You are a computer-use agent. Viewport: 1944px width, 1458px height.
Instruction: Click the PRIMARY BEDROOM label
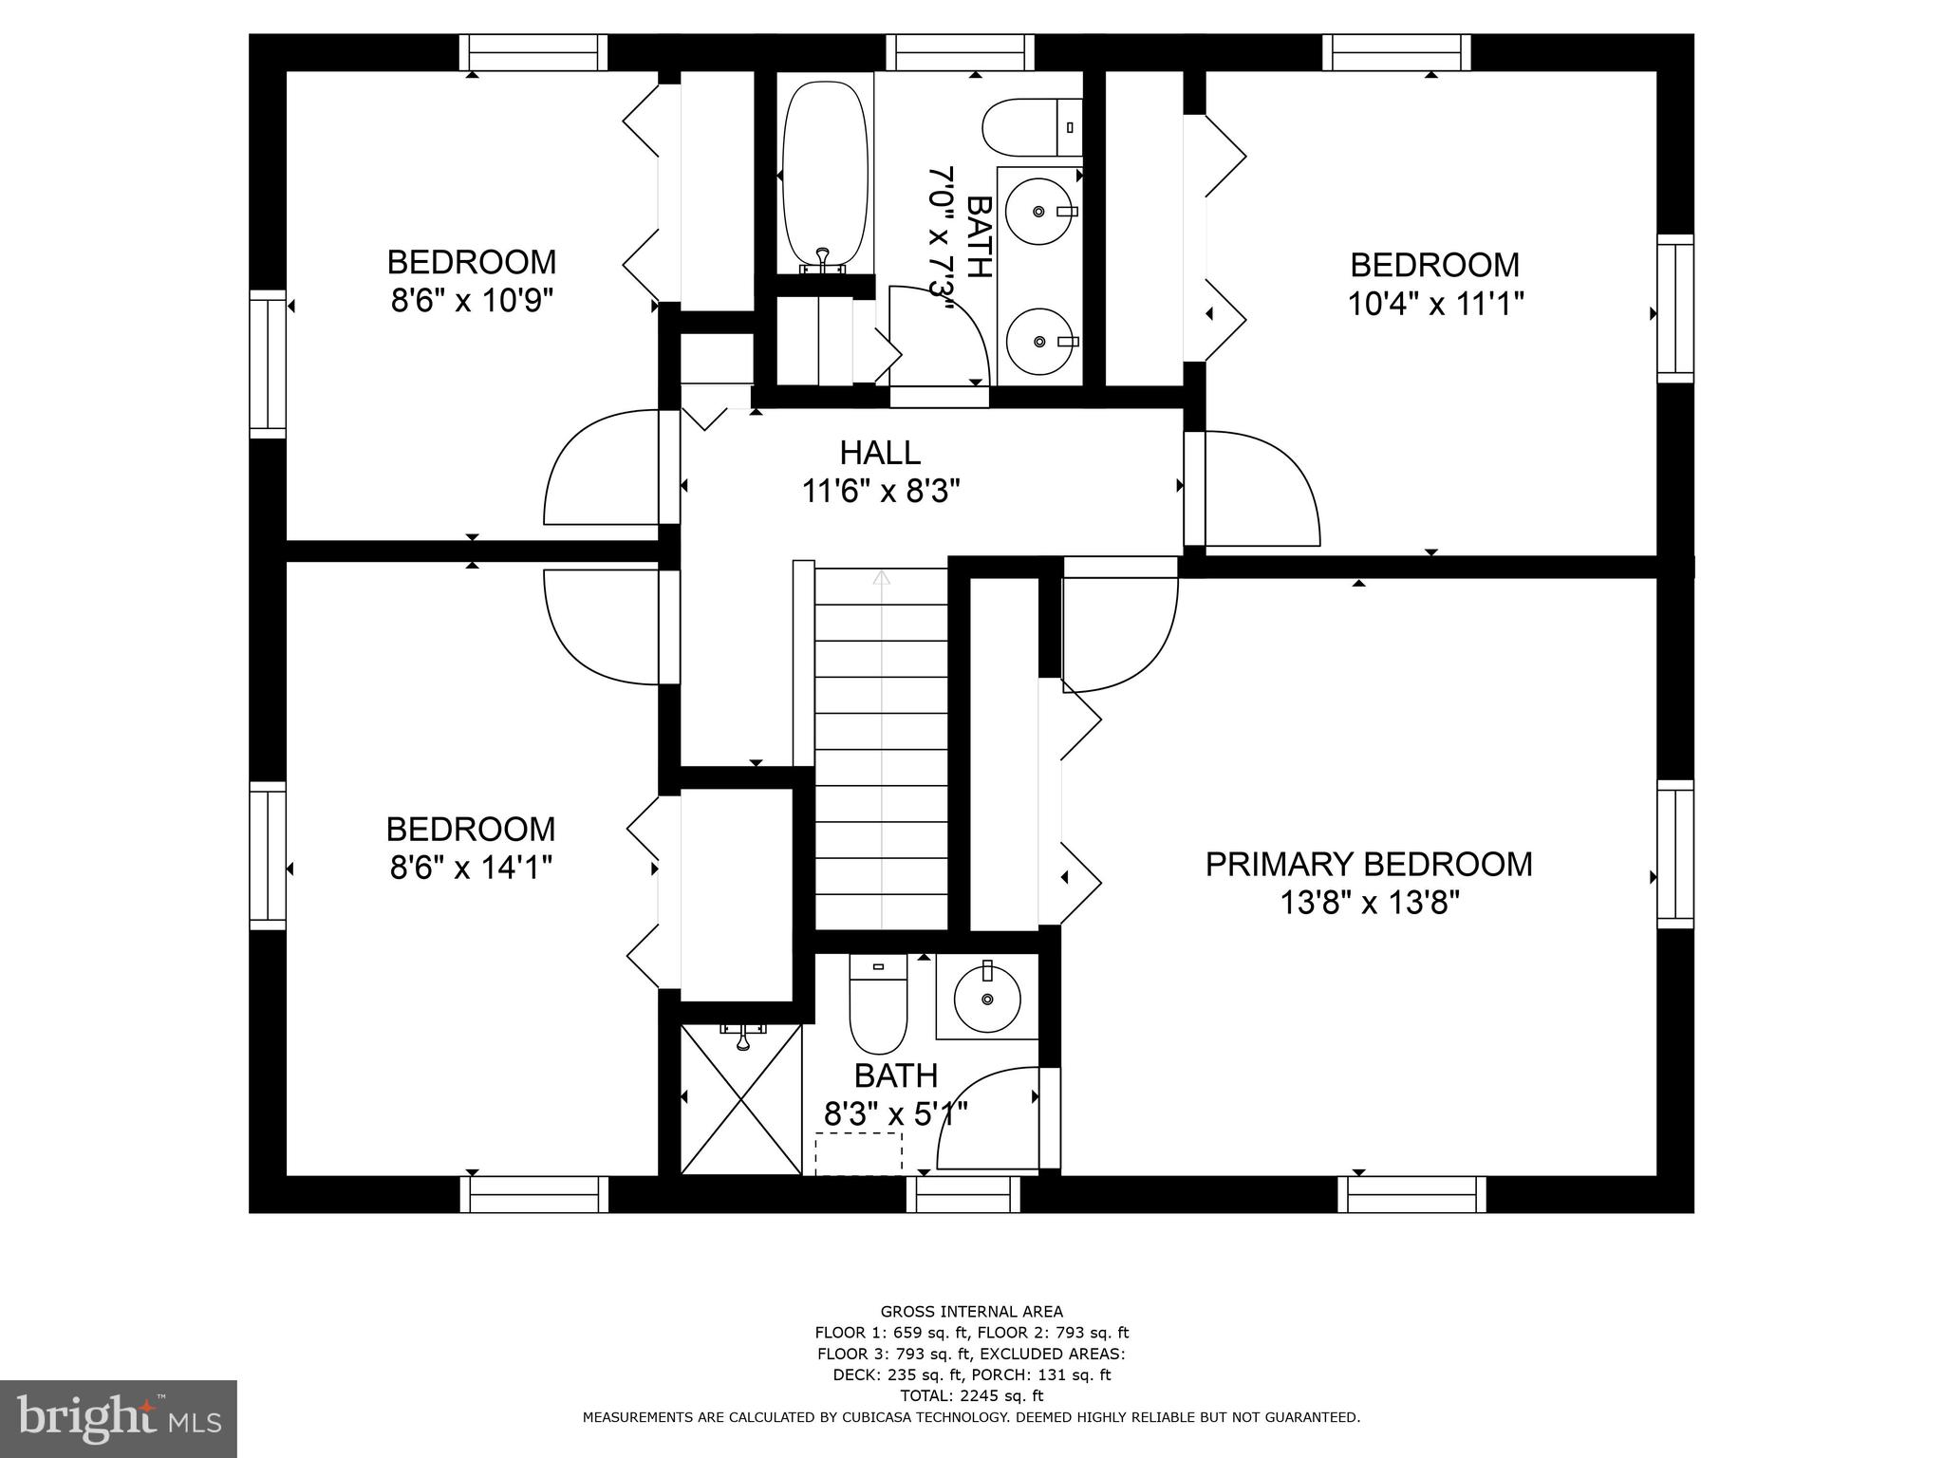pos(1368,864)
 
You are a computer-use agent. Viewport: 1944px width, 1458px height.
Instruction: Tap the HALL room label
pos(880,453)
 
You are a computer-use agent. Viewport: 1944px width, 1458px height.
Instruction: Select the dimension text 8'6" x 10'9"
pos(472,301)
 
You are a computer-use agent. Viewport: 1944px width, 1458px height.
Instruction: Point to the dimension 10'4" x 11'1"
pos(1435,304)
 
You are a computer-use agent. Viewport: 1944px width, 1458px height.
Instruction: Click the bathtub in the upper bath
pos(824,177)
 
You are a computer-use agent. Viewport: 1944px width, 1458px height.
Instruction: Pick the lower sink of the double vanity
pos(1039,340)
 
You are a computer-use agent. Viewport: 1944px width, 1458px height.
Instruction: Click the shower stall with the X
pos(741,1098)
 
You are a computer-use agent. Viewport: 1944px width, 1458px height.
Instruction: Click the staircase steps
pos(881,750)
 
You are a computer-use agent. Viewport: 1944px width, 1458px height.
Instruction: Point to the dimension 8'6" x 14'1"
pos(471,867)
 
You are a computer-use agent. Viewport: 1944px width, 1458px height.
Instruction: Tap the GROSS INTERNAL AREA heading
pos(971,1312)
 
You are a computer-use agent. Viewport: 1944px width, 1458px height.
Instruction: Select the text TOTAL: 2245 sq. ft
pos(971,1395)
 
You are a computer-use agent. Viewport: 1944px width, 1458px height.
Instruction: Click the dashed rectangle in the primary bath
pos(859,1152)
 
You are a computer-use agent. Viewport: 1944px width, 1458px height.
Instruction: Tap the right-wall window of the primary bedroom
pos(1675,854)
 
